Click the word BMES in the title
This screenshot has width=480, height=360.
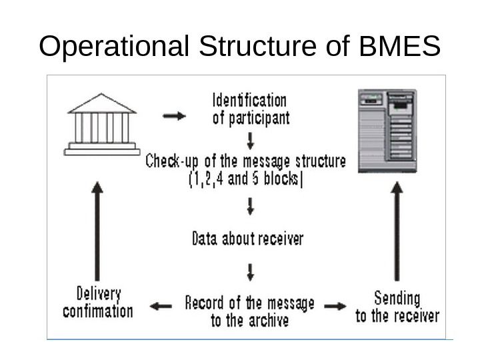click(400, 47)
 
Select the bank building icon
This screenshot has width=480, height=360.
click(102, 125)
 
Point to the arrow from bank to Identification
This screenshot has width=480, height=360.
click(175, 116)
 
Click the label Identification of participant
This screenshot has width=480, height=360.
click(249, 109)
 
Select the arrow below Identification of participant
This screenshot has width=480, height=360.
click(250, 141)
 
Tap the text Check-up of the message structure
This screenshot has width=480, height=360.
click(246, 161)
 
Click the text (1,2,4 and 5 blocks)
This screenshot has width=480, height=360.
click(245, 179)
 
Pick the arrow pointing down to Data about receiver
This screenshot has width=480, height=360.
click(250, 207)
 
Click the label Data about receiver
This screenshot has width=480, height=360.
click(247, 238)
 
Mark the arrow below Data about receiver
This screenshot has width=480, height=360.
click(250, 271)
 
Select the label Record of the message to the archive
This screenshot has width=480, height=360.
click(249, 311)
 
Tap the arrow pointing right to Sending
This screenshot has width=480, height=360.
click(335, 306)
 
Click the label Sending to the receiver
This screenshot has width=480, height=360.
click(397, 306)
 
